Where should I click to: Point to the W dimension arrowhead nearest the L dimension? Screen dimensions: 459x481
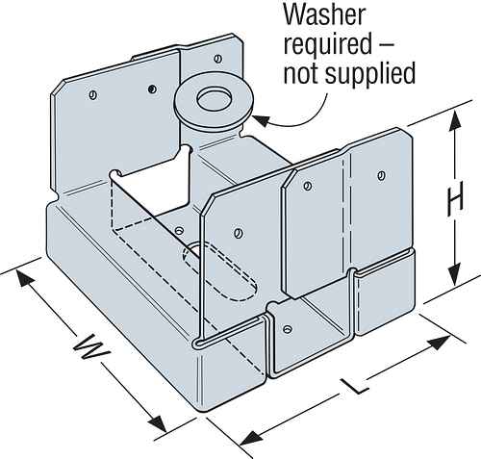pyautogui.click(x=160, y=423)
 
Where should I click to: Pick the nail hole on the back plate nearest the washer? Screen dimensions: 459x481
pyautogui.click(x=153, y=88)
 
